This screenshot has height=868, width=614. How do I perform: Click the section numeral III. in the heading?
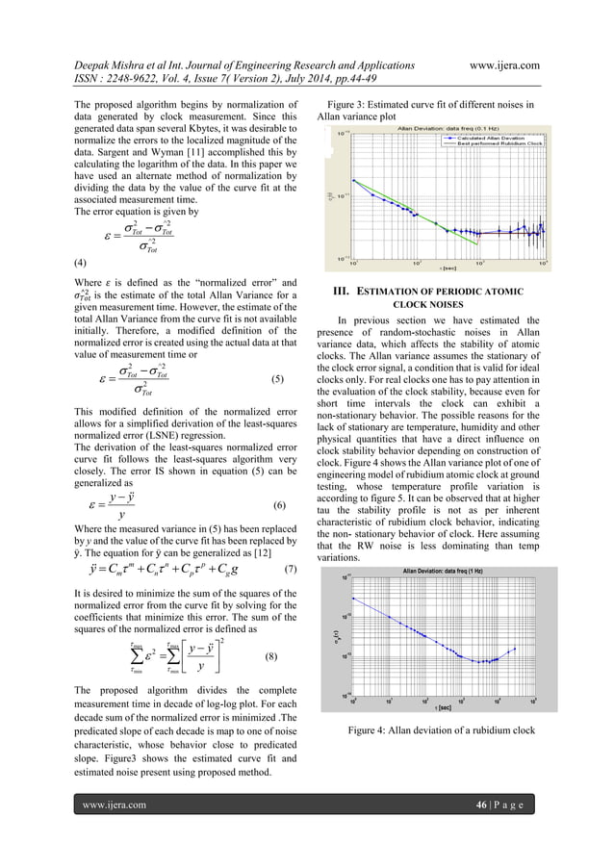[x=341, y=291]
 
